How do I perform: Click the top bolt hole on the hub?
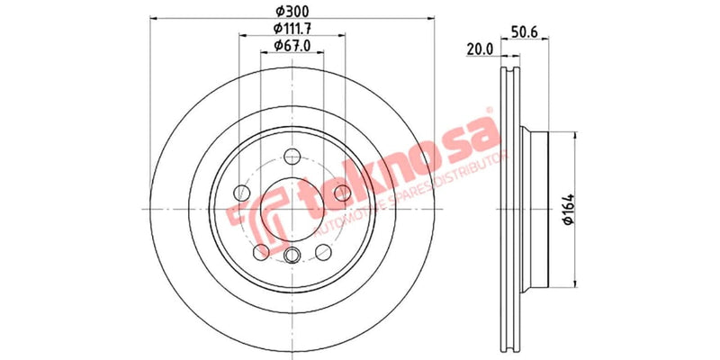(x=291, y=155)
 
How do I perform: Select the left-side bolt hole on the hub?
(x=240, y=192)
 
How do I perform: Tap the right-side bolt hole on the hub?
(x=341, y=192)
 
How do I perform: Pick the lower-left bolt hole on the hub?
(x=260, y=251)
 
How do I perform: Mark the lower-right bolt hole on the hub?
(x=321, y=251)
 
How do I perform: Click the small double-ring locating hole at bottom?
(x=291, y=256)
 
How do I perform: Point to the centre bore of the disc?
(x=291, y=209)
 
